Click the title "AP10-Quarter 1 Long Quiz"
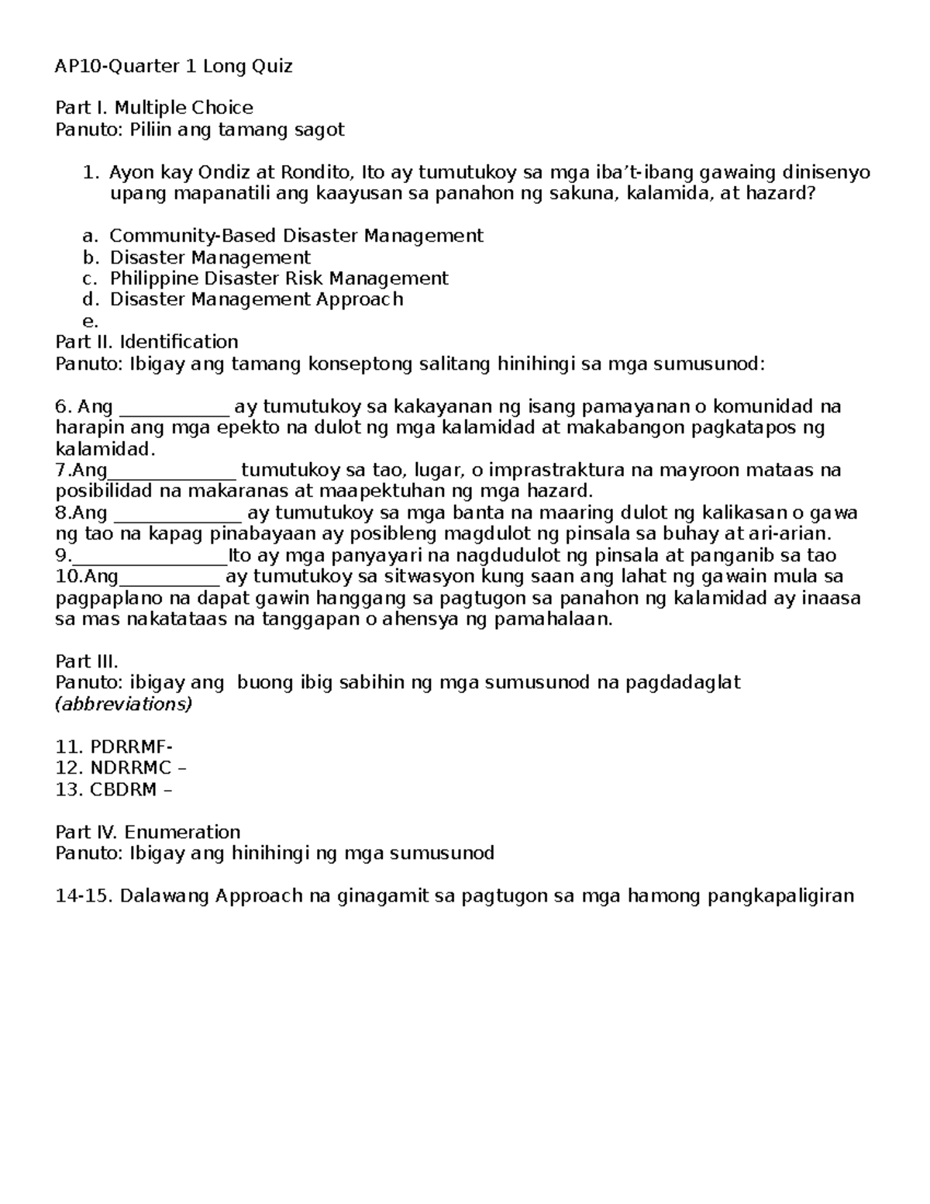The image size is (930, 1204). [x=174, y=66]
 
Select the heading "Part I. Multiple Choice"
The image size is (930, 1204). [x=154, y=108]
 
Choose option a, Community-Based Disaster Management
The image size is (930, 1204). [x=296, y=236]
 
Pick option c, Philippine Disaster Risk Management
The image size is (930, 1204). [x=279, y=278]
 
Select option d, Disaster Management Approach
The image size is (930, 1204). [x=257, y=299]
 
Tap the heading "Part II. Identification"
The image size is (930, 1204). [x=146, y=342]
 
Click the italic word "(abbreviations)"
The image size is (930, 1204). [x=124, y=704]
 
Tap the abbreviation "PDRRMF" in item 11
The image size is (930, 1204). [x=128, y=747]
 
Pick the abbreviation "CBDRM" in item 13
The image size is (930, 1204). [x=123, y=789]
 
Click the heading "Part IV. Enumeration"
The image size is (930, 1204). [x=148, y=832]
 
